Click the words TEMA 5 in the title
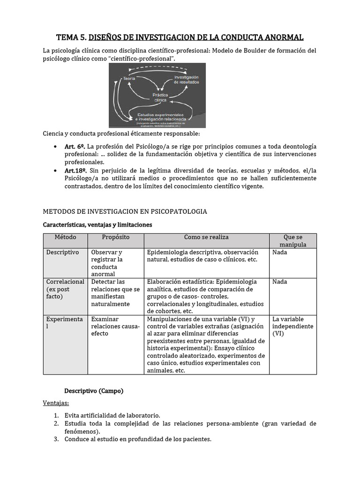[71, 37]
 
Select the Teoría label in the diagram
[129, 79]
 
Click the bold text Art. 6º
[75, 146]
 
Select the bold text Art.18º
[75, 170]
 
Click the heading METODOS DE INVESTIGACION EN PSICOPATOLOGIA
[125, 211]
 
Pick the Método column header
[65, 237]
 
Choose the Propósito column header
[116, 237]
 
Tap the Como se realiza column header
[206, 237]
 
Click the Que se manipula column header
[293, 241]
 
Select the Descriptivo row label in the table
[62, 252]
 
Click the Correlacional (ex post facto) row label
[65, 289]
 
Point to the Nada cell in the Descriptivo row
[280, 252]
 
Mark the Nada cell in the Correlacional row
[280, 282]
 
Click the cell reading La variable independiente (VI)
[292, 326]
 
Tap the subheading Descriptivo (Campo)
[94, 391]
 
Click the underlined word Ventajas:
[56, 403]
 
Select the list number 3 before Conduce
[56, 439]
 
